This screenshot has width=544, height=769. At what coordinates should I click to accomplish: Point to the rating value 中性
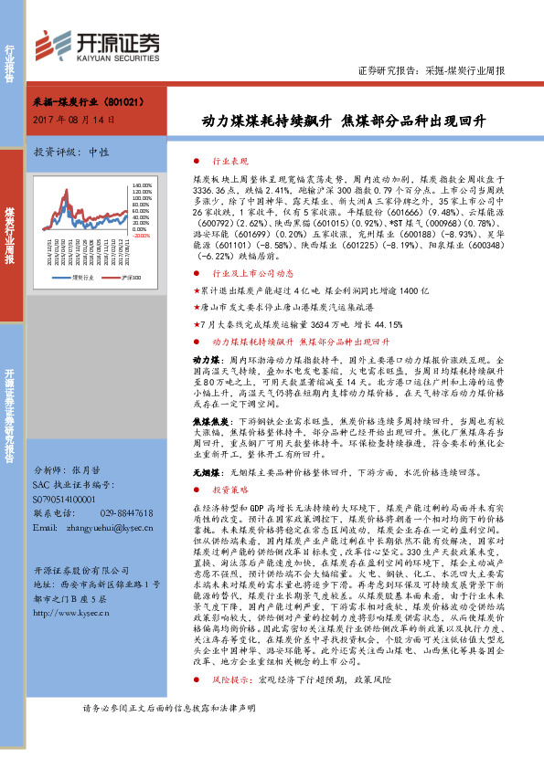click(x=98, y=152)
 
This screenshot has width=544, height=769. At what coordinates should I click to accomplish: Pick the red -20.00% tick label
click(x=140, y=236)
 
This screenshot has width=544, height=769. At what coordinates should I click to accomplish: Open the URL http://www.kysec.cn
click(x=71, y=613)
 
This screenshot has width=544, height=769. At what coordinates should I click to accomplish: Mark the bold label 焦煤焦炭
click(x=210, y=420)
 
